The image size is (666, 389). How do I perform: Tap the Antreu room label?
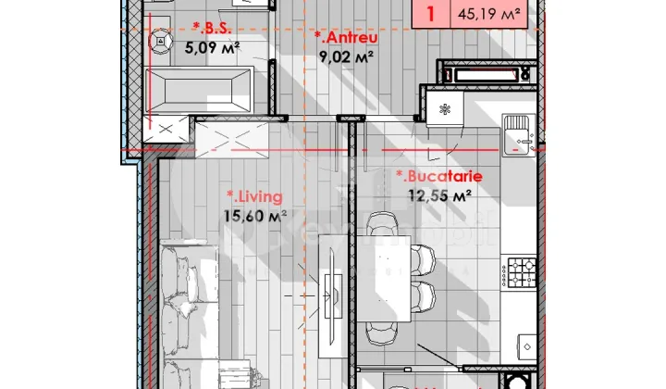coord(344,38)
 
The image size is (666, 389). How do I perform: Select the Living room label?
coord(254,196)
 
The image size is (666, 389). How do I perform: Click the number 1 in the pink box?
coord(431,14)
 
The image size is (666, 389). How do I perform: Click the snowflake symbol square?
coord(445,109)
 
